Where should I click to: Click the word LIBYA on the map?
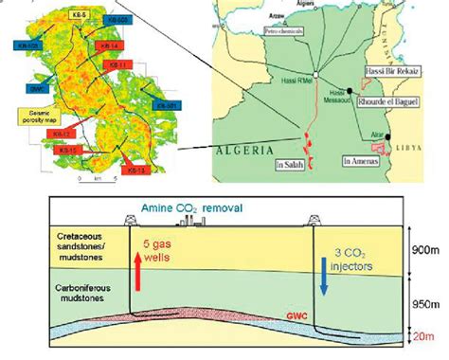click(430, 153)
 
